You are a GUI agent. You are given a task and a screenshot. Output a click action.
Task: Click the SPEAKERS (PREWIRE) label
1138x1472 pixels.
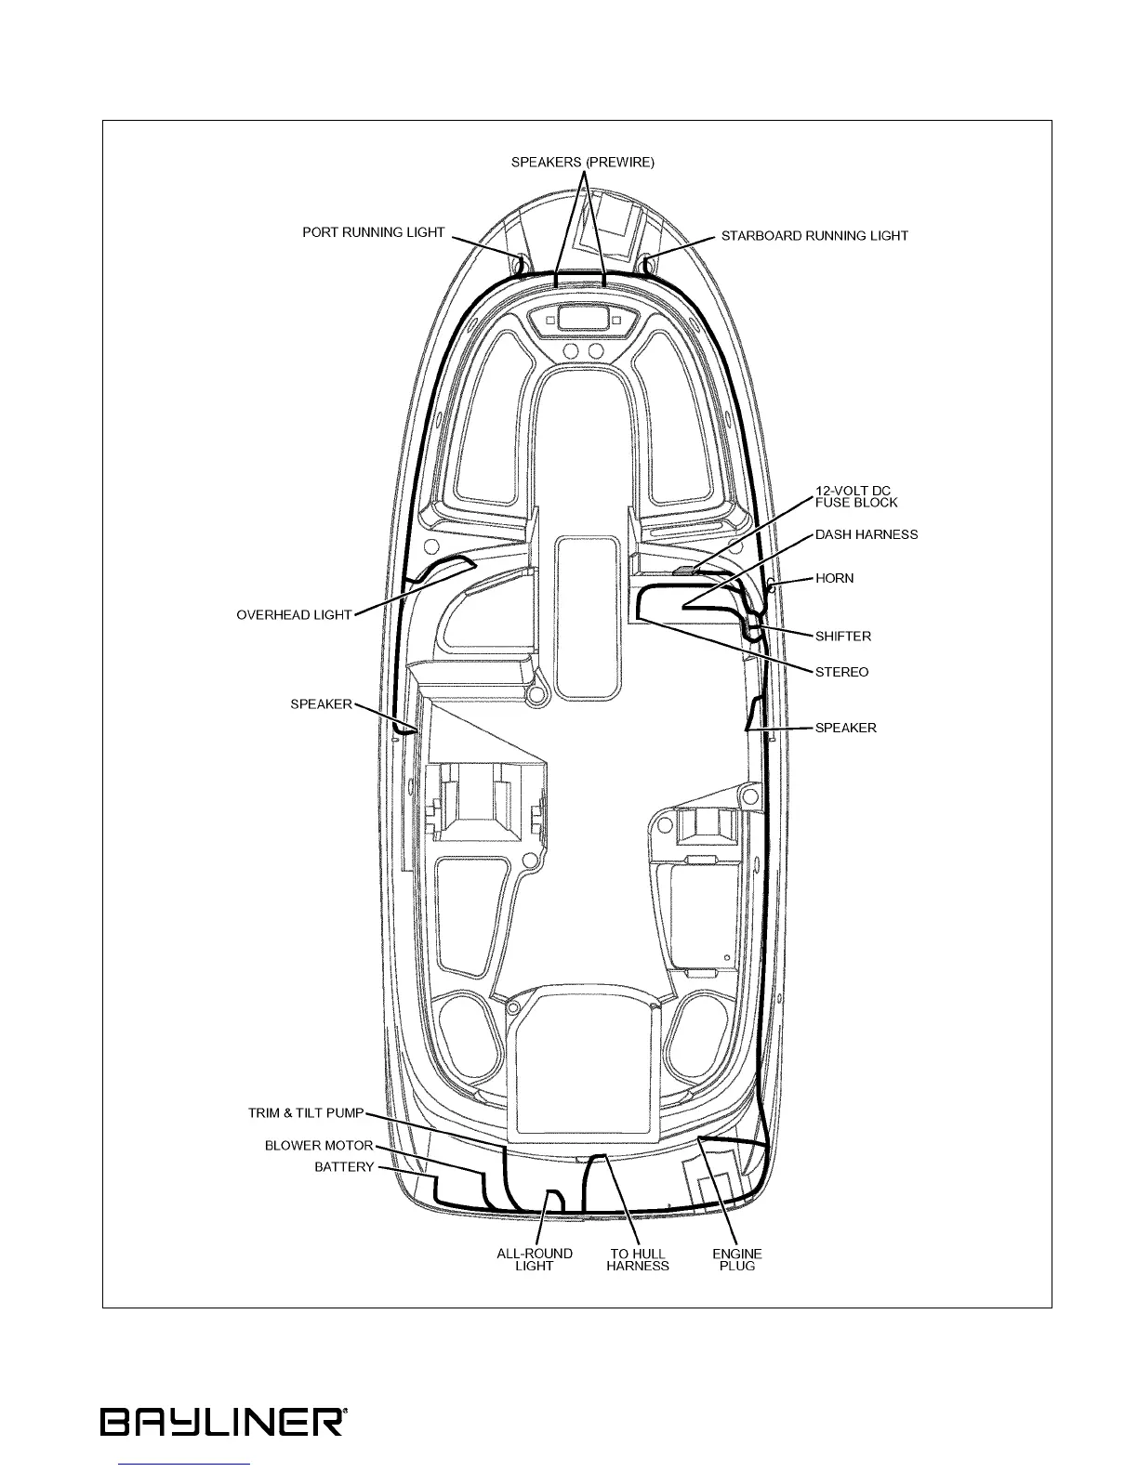582,162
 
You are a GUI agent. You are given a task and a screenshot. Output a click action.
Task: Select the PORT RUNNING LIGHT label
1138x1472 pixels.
373,232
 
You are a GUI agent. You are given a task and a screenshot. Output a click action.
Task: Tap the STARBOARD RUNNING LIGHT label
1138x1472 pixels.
814,236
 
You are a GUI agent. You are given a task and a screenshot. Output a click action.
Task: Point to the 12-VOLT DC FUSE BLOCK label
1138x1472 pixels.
856,496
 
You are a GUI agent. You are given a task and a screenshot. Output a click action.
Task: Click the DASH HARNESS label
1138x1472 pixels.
866,534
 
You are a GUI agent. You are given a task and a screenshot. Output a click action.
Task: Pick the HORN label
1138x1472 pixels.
834,578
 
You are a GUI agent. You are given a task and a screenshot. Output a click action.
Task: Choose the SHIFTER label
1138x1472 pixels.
842,637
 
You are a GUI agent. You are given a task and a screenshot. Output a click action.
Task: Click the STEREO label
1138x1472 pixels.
841,672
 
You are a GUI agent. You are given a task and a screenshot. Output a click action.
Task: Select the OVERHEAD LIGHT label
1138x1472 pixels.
294,615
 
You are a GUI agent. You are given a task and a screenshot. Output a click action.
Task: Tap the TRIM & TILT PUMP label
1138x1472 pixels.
305,1112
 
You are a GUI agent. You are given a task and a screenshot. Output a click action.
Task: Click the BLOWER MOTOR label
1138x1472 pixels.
319,1146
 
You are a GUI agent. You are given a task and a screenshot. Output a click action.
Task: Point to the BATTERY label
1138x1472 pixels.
344,1167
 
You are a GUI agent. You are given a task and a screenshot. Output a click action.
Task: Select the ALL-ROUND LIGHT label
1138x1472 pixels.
535,1259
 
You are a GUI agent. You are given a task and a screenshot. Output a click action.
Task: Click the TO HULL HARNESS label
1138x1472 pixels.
638,1259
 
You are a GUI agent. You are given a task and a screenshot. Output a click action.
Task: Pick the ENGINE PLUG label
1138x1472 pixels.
737,1259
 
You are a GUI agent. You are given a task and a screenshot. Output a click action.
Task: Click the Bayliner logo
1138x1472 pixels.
224,1422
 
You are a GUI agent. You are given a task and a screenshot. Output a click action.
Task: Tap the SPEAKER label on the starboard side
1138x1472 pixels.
845,728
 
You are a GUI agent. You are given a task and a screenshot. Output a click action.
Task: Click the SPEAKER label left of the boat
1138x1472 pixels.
321,704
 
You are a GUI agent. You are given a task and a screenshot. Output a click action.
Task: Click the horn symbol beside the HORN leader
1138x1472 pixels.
770,585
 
